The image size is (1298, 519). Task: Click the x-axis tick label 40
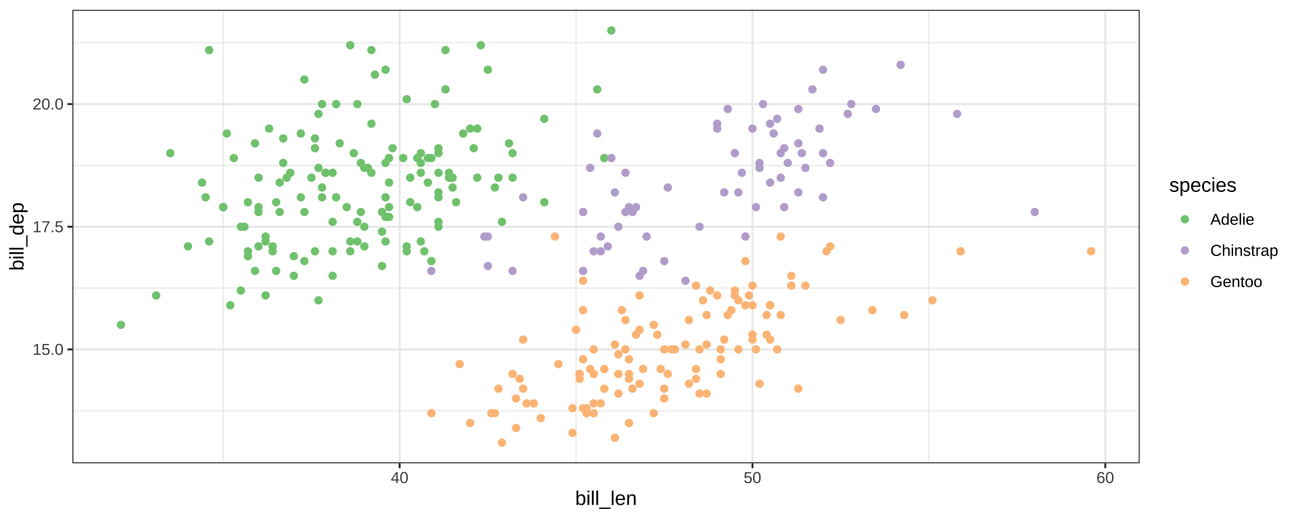pyautogui.click(x=400, y=478)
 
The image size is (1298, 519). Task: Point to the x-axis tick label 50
pyautogui.click(x=752, y=478)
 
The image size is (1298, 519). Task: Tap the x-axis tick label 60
pyautogui.click(x=1105, y=478)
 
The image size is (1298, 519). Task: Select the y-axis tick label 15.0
pyautogui.click(x=47, y=350)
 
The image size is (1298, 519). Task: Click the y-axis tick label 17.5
pyautogui.click(x=47, y=227)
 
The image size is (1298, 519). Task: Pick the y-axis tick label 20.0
pyautogui.click(x=47, y=105)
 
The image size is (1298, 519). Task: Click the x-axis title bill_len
pyautogui.click(x=606, y=499)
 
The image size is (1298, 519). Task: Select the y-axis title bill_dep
pyautogui.click(x=18, y=236)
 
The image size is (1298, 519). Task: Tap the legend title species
pyautogui.click(x=1202, y=186)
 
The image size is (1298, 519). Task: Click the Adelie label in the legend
pyautogui.click(x=1232, y=220)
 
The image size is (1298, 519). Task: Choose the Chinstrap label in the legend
pyautogui.click(x=1243, y=251)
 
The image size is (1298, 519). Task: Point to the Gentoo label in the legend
pyautogui.click(x=1236, y=282)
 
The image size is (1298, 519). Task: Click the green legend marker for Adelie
pyautogui.click(x=1184, y=220)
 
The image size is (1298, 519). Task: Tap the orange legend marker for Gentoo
pyautogui.click(x=1184, y=282)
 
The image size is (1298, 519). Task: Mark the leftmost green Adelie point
pyautogui.click(x=121, y=325)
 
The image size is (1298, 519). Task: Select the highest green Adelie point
pyautogui.click(x=611, y=30)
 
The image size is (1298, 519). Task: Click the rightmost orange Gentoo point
pyautogui.click(x=1090, y=251)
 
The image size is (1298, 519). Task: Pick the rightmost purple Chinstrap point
pyautogui.click(x=1034, y=212)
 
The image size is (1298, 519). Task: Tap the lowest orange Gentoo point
pyautogui.click(x=502, y=443)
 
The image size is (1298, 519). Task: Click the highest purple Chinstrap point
pyautogui.click(x=900, y=65)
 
